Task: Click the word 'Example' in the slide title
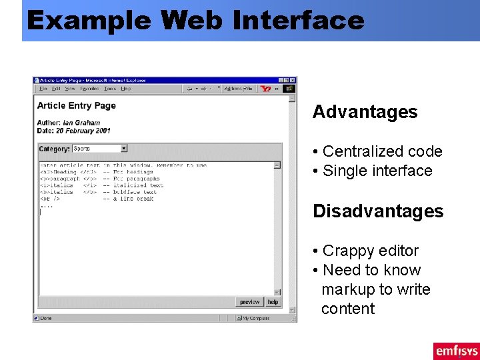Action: tap(89, 21)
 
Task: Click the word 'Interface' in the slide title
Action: tap(299, 21)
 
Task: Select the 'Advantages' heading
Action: tap(365, 112)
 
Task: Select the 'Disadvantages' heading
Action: tap(378, 211)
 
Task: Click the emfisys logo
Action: tap(456, 351)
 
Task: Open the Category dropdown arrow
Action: tap(123, 149)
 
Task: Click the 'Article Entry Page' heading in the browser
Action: tap(77, 105)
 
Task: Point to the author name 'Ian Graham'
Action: tap(81, 123)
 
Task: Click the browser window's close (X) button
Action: tap(292, 81)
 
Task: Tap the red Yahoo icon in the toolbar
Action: tap(267, 89)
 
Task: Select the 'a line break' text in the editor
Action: tap(133, 199)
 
